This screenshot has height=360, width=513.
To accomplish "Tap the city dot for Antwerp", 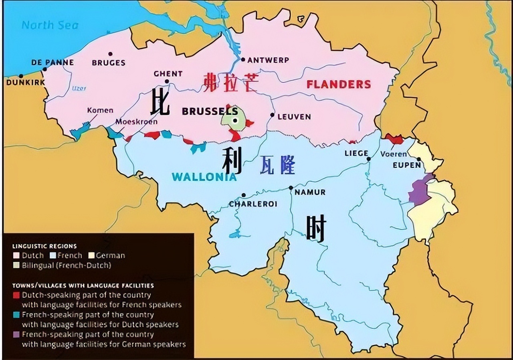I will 243,59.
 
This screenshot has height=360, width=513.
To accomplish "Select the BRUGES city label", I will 108,63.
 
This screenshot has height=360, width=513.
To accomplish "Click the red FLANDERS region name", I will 339,84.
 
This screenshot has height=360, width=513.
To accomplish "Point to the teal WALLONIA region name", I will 204,177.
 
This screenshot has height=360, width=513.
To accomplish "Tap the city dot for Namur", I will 291,188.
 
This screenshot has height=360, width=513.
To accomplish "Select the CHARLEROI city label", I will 253,204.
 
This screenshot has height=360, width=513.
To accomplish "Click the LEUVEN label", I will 294,117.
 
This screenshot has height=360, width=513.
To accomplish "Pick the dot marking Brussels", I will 235,120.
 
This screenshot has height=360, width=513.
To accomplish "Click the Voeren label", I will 394,154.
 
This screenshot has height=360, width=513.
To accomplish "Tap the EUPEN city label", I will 406,165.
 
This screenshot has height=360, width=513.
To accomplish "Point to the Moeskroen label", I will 136,121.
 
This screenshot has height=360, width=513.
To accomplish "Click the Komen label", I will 100,110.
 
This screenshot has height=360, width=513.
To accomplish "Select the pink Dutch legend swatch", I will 16,255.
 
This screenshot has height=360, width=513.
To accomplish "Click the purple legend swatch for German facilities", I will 16,334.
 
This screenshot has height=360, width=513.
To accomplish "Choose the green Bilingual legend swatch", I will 16,265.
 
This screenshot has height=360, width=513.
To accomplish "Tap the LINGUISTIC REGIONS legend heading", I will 44,246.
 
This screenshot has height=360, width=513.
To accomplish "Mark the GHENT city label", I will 168,74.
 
